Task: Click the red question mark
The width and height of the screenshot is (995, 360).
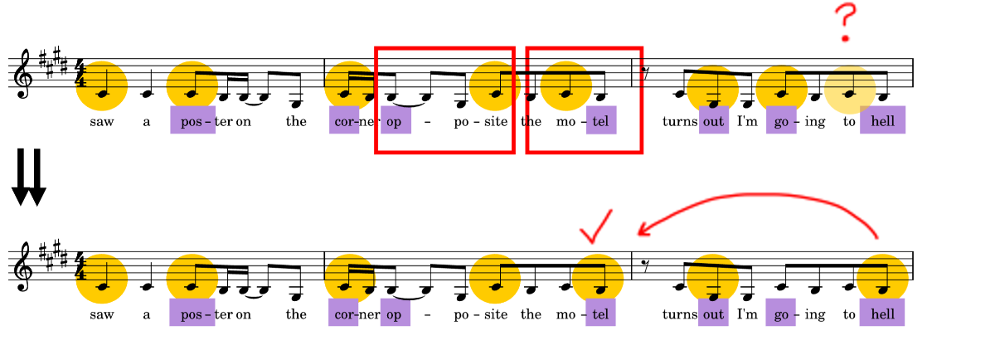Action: [x=845, y=22]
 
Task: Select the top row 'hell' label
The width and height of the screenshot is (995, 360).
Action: [x=882, y=120]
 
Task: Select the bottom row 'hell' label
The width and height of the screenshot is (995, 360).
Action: [x=882, y=313]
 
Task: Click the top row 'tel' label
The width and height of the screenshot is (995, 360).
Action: [x=601, y=121]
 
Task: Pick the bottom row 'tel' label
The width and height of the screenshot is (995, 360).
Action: [x=601, y=314]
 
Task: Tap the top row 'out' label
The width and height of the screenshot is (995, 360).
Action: [x=713, y=121]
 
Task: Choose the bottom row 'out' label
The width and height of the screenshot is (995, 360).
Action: [x=713, y=314]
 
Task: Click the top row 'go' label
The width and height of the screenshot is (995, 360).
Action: [x=781, y=121]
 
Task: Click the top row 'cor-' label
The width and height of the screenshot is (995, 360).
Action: [x=344, y=121]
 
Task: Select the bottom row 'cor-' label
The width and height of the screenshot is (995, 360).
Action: [x=344, y=314]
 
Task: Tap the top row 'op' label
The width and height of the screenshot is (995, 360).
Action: [x=395, y=121]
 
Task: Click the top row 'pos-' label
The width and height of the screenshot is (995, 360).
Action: [x=193, y=120]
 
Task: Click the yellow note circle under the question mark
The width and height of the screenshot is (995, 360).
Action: [x=850, y=90]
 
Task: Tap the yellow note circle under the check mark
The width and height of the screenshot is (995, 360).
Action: [x=598, y=279]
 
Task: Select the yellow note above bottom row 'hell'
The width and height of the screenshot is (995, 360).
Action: [x=882, y=279]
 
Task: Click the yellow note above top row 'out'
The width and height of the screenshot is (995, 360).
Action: [x=713, y=90]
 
